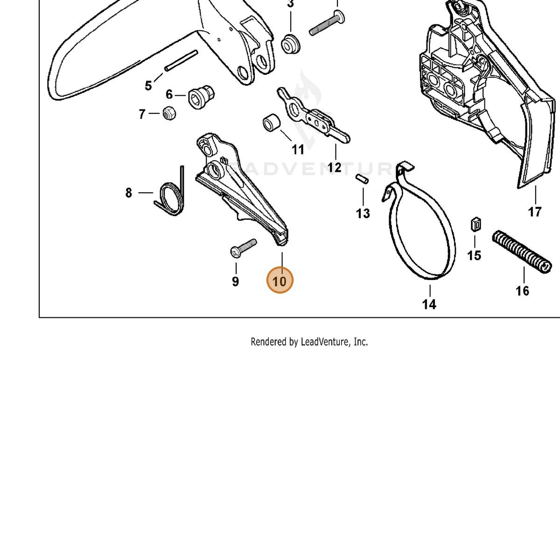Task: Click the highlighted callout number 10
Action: click(x=280, y=280)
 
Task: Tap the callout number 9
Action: click(x=235, y=281)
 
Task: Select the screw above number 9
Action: click(x=244, y=248)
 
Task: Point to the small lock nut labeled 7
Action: click(x=169, y=113)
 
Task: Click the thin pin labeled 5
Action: click(x=181, y=61)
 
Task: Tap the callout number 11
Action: click(x=298, y=150)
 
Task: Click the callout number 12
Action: click(x=334, y=168)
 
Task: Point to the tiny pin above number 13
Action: click(x=362, y=179)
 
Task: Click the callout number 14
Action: click(x=429, y=305)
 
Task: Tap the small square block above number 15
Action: click(x=476, y=224)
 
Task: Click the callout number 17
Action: click(x=535, y=212)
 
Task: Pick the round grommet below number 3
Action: click(x=290, y=44)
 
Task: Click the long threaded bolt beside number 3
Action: click(x=327, y=23)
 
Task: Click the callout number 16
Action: click(x=522, y=291)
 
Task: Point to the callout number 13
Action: click(x=363, y=214)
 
